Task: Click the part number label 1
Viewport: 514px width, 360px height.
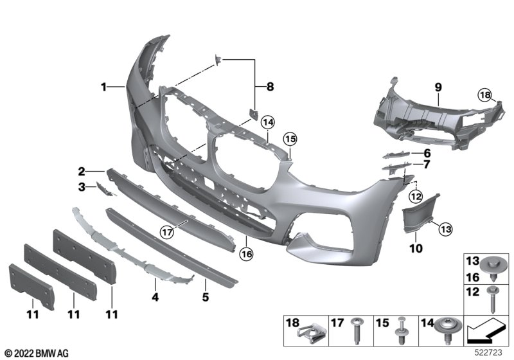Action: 103,85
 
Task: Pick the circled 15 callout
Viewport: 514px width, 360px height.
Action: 290,139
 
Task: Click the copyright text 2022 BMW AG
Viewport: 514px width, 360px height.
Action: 36,353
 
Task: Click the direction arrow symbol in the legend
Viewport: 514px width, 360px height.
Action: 487,333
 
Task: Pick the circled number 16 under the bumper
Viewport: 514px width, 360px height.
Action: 247,254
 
